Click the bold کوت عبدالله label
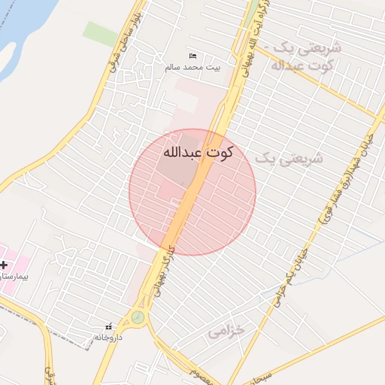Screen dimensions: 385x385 click(197, 152)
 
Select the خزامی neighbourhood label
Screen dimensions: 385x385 click(226, 331)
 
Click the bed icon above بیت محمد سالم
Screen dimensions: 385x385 click(193, 56)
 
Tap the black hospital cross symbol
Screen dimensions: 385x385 click(4, 265)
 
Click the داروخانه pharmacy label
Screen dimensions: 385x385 click(109, 337)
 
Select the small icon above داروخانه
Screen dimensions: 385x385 click(109, 326)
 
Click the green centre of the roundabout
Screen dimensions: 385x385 click(138, 317)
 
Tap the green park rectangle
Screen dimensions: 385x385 click(100, 34)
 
